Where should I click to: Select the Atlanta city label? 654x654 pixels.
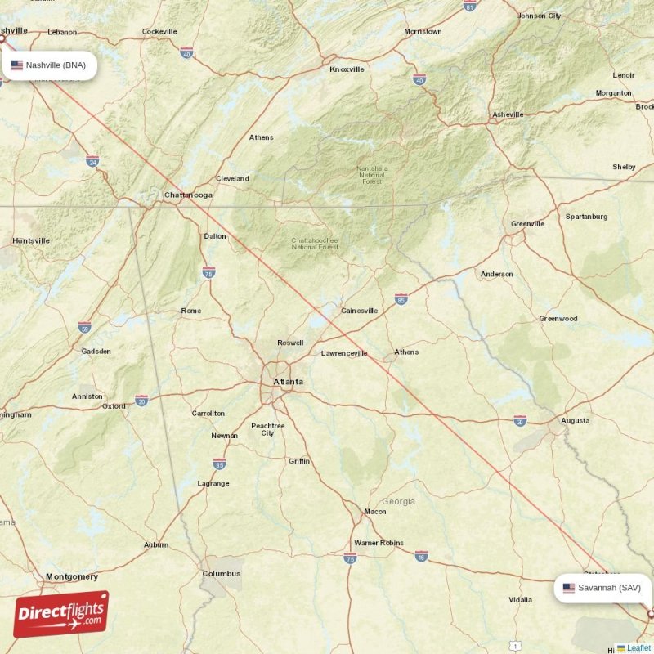coord(288,381)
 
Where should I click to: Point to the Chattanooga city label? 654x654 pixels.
coord(188,195)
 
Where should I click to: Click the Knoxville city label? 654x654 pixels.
coord(347,69)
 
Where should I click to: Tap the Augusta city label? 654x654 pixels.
coord(575,421)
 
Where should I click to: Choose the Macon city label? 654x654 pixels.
coord(375,512)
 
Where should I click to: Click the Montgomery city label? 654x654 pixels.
coord(72,576)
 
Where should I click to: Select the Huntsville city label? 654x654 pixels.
coord(31,240)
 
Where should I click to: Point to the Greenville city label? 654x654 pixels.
coord(527,223)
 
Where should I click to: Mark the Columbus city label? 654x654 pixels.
coord(222,574)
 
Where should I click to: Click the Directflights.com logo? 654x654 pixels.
coord(61,614)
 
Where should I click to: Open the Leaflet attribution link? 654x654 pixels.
coord(638,648)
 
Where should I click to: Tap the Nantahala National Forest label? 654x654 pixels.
coord(371,175)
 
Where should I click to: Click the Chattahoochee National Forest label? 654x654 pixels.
coord(315,243)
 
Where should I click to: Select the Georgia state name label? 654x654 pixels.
coord(398,501)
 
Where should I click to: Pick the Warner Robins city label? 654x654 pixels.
coord(379,543)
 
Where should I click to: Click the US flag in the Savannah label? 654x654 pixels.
coord(569,587)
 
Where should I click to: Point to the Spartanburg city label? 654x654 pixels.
coord(586,217)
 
